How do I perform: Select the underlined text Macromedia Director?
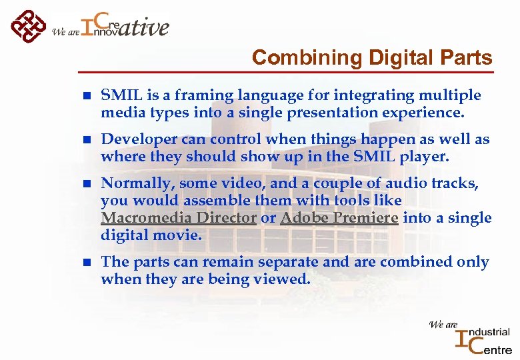tap(179, 218)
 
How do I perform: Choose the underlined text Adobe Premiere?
tap(339, 218)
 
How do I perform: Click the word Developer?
tap(139, 140)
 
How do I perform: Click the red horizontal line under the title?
tap(287, 71)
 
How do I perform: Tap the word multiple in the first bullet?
tap(447, 96)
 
